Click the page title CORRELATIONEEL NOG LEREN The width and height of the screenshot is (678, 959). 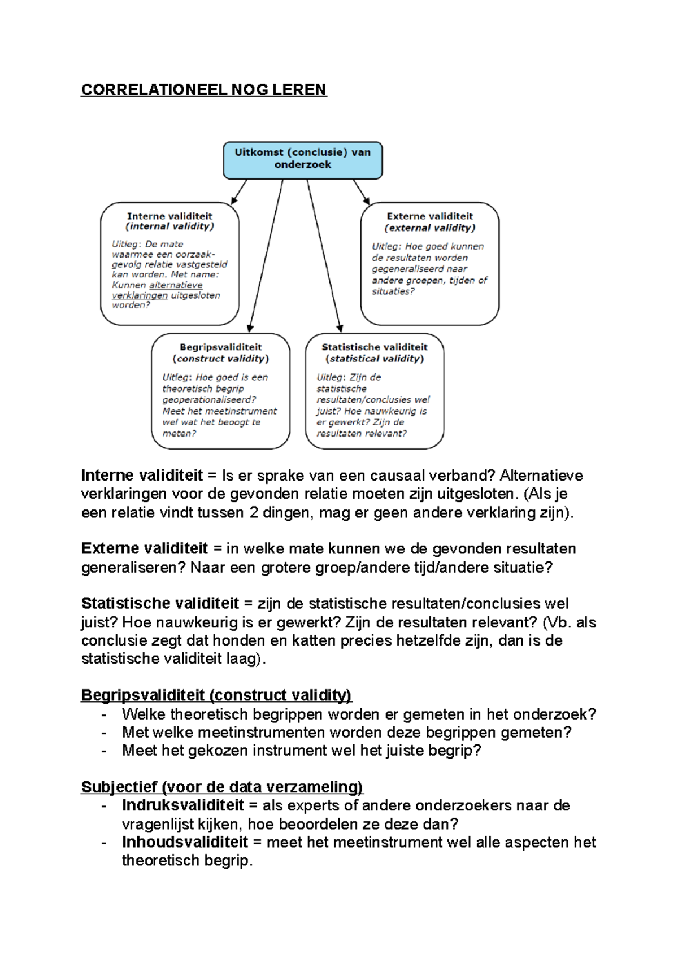coord(203,90)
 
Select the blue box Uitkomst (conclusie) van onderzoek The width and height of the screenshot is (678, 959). coord(302,160)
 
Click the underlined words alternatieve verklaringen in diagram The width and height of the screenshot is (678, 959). coord(164,290)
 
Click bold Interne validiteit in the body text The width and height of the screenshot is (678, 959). coord(142,476)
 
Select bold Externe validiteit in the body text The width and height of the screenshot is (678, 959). coord(145,549)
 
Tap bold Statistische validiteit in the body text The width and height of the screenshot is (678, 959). coord(160,604)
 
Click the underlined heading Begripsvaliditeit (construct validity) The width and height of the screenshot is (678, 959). coord(216,695)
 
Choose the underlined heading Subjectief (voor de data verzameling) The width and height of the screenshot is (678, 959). coord(222,787)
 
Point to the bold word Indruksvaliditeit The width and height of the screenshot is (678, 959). coord(182,805)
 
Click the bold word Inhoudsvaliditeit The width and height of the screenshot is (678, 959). coord(185,842)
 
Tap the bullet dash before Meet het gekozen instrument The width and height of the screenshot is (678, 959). coord(103,751)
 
